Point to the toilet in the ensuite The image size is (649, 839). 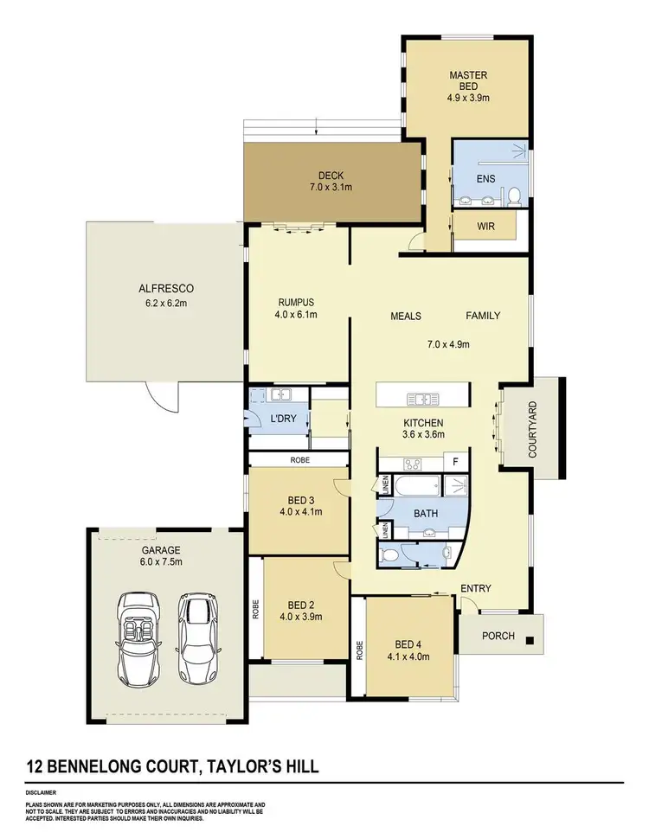click(x=513, y=196)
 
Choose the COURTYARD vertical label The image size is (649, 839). click(x=532, y=428)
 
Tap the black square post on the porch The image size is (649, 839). click(x=530, y=641)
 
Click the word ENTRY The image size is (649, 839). click(x=476, y=589)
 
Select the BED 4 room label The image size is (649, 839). click(x=411, y=650)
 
